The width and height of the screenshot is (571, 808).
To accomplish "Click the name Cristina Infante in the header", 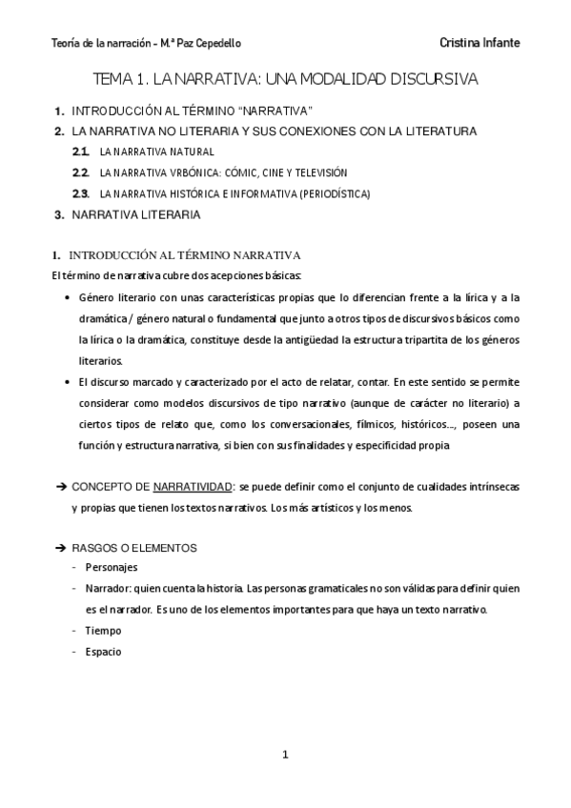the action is pos(480,44).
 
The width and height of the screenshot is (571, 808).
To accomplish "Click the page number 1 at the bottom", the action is pos(285,755).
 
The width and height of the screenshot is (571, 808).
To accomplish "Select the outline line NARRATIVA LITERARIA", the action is pos(136,214).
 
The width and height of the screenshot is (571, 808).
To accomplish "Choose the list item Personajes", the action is pos(112,567).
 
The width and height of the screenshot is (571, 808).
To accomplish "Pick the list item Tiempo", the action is pos(103,631).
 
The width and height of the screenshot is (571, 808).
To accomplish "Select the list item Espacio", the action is pos(104,652).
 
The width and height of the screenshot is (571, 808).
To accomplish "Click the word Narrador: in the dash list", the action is pos(111,589).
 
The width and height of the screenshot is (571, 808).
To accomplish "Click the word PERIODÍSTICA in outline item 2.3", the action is pos(333,193).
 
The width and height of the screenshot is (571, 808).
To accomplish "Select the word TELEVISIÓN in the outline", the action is pos(319,172).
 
